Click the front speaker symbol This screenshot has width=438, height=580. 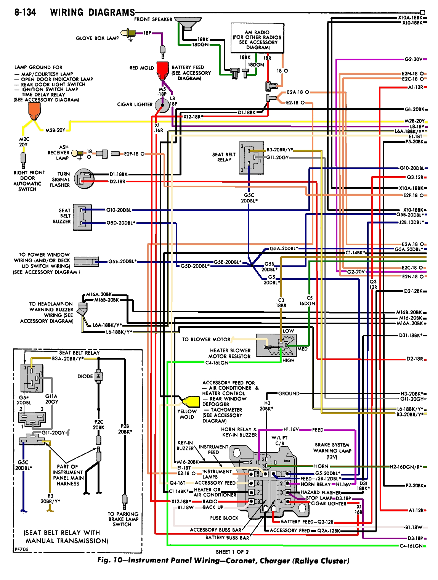click(x=188, y=23)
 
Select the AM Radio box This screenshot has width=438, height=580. click(x=257, y=39)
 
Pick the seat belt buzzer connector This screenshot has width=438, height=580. click(x=82, y=217)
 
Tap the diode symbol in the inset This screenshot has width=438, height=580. click(x=98, y=376)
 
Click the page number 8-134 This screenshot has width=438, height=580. click(x=25, y=13)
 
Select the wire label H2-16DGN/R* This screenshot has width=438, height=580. click(x=406, y=467)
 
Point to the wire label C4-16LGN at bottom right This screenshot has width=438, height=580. click(x=411, y=546)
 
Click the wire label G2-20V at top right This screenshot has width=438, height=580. click(x=413, y=59)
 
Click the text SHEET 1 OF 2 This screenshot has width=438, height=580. click(x=232, y=552)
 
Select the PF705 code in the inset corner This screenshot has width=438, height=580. click(x=21, y=549)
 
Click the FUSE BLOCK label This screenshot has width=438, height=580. click(x=224, y=518)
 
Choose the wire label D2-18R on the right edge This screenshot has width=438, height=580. click(x=414, y=359)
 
